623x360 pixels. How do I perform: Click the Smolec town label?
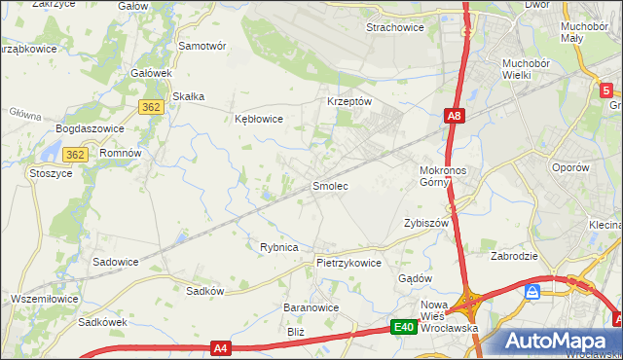pyautogui.click(x=329, y=185)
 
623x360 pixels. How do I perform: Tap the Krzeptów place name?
pyautogui.click(x=349, y=102)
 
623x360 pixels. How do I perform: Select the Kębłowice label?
pyautogui.click(x=259, y=119)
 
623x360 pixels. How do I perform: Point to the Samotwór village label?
pyautogui.click(x=202, y=46)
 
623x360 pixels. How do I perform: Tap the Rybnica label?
pyautogui.click(x=278, y=247)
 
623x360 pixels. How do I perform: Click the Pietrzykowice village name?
pyautogui.click(x=348, y=263)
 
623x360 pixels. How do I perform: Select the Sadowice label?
pyautogui.click(x=115, y=262)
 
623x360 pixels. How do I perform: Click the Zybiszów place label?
pyautogui.click(x=425, y=223)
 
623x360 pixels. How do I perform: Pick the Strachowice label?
pyautogui.click(x=394, y=27)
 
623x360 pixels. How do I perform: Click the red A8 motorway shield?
pyautogui.click(x=455, y=117)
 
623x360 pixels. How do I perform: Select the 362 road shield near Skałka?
pyautogui.click(x=150, y=108)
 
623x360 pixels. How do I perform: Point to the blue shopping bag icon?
pyautogui.click(x=532, y=292)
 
